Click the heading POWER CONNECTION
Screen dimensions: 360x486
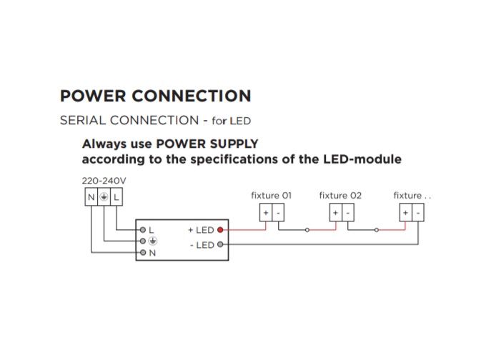coord(155,96)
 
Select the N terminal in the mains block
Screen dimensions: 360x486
coord(91,196)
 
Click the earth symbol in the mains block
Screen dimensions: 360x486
coord(104,196)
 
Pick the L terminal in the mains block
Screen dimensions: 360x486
coord(116,196)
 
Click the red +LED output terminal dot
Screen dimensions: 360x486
coord(221,230)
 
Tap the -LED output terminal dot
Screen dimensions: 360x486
coord(221,245)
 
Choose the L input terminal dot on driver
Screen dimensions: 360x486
coord(143,230)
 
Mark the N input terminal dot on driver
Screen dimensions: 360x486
coord(143,253)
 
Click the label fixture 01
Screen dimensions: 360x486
coord(271,195)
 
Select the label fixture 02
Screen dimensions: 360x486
coord(340,195)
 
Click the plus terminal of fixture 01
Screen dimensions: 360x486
coord(265,213)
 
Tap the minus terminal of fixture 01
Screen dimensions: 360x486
coord(277,213)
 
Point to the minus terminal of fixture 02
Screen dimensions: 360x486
coord(347,213)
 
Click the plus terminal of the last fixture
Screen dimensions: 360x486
coord(405,213)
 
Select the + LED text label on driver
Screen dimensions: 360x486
coord(201,230)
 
